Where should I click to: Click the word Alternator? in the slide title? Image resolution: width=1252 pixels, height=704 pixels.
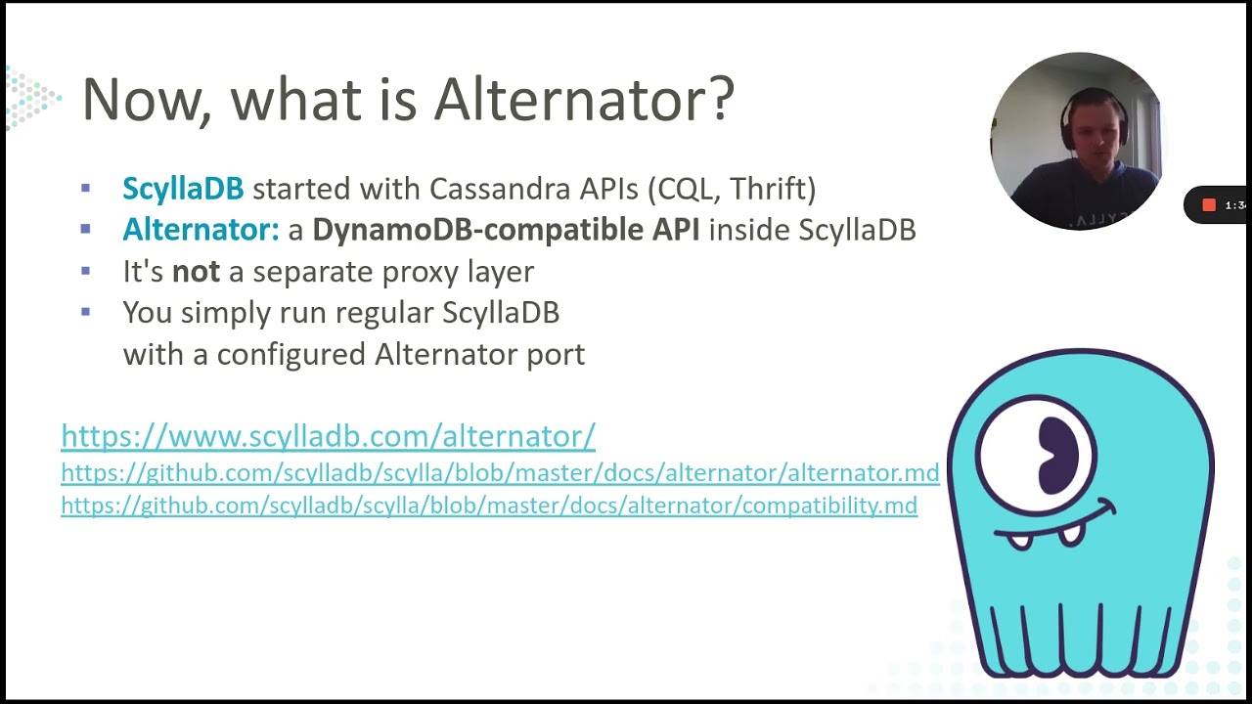584,99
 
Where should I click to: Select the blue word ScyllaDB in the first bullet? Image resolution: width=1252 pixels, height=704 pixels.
183,188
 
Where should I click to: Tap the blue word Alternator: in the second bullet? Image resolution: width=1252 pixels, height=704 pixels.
201,230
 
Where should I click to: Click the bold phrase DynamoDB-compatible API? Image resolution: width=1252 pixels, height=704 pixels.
506,230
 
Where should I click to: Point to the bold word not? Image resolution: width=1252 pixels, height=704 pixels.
196,272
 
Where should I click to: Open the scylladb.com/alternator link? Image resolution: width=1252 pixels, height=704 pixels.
328,436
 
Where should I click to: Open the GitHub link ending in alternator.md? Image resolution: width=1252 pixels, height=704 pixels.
500,473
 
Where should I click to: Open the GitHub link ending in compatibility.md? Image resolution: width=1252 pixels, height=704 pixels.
489,506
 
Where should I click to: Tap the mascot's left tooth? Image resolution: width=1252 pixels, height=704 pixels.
1019,540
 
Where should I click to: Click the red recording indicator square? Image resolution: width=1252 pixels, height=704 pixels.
1209,205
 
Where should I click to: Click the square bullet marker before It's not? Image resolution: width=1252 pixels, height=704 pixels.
86,271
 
